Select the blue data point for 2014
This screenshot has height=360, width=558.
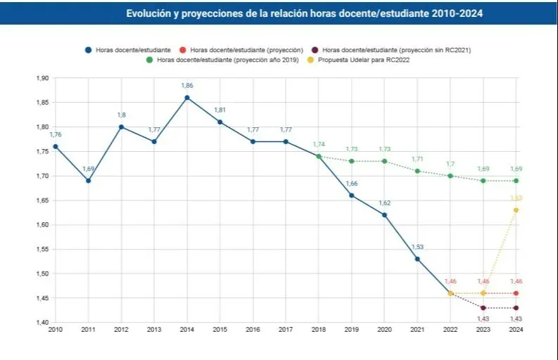[x=187, y=98]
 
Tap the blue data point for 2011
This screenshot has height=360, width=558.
[x=88, y=181]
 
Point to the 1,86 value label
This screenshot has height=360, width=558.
[x=187, y=86]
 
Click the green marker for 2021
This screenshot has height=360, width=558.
[x=417, y=171]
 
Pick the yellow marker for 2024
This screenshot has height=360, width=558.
[x=516, y=210]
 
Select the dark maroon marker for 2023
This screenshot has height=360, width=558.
[x=483, y=308]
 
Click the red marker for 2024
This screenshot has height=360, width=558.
[x=516, y=293]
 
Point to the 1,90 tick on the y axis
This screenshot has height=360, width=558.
[x=42, y=78]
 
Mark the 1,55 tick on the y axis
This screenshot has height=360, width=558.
[x=42, y=250]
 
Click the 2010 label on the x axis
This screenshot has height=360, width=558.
[x=55, y=329]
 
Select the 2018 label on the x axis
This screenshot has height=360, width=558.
[x=319, y=329]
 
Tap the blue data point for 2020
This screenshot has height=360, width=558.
[x=384, y=215]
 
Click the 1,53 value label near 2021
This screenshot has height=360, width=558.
[x=417, y=247]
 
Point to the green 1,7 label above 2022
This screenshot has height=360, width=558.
[x=450, y=164]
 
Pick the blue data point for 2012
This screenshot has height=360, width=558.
[x=121, y=127]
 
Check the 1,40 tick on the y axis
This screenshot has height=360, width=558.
[x=42, y=323]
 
